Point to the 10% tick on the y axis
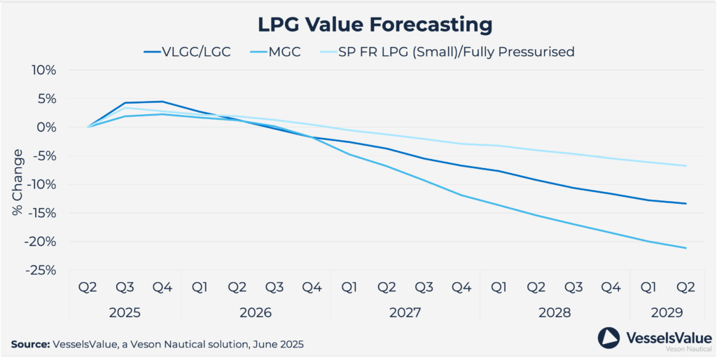point(43,70)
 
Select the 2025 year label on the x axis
point(125,312)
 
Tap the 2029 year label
point(666,312)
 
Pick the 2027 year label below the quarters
point(405,312)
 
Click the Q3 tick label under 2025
point(125,287)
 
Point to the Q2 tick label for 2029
point(685,287)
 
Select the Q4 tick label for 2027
point(461,287)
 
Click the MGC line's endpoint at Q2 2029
point(685,248)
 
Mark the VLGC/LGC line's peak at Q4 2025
point(162,102)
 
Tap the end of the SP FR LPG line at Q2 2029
point(685,166)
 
